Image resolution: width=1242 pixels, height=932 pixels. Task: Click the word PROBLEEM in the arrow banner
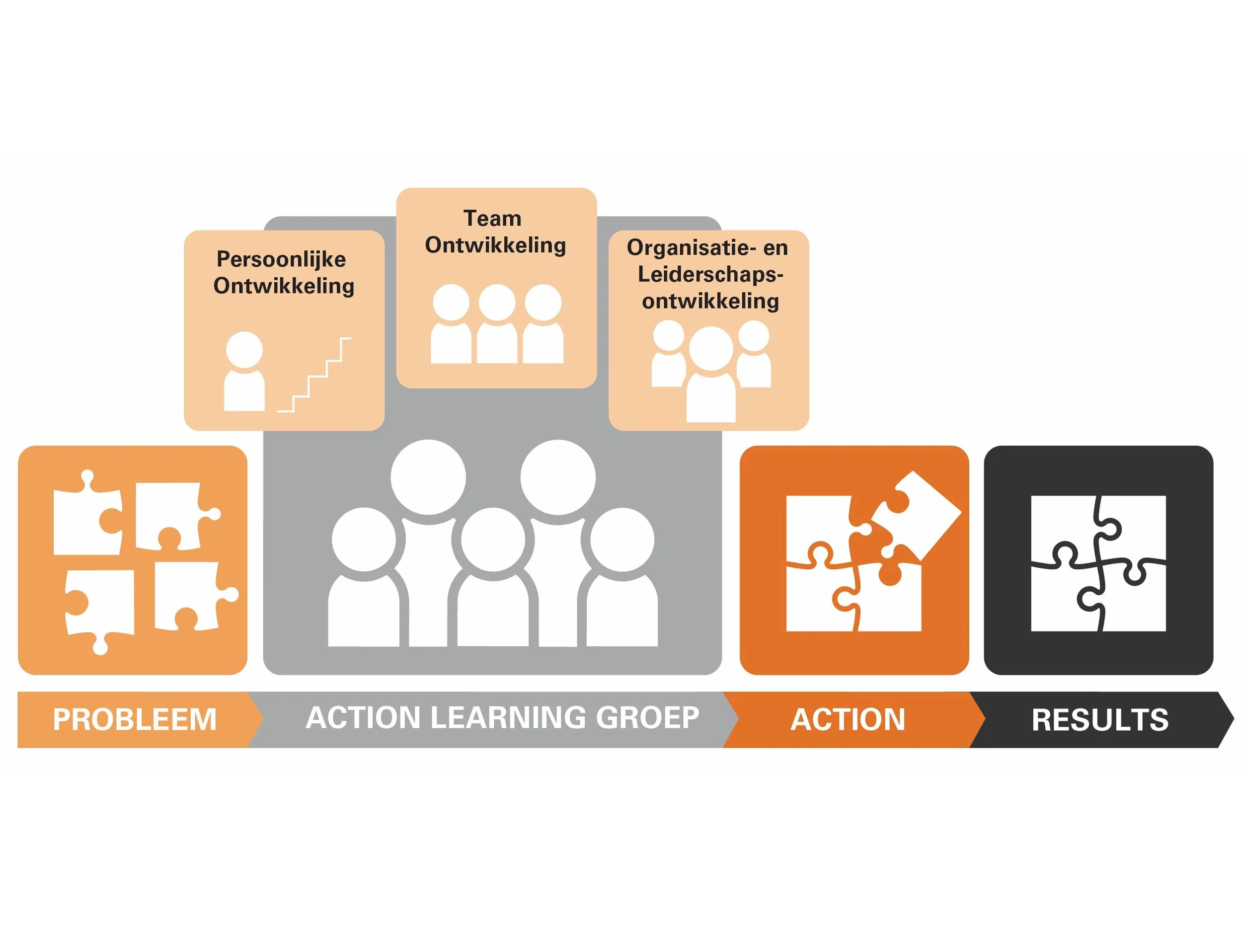[135, 719]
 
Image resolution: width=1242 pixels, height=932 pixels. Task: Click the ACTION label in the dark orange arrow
[848, 719]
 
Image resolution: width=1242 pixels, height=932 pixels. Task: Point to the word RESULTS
[1100, 719]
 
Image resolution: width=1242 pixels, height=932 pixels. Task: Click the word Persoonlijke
[281, 259]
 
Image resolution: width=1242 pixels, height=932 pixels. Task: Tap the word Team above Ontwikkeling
[492, 219]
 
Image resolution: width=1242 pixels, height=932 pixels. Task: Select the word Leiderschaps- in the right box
[710, 275]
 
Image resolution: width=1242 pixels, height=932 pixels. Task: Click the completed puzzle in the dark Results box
[1098, 563]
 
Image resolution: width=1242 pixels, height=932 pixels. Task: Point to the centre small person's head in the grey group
[493, 540]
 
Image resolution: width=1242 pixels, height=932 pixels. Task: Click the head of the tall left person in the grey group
[428, 477]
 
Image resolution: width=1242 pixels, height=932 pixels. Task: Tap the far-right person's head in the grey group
[622, 540]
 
